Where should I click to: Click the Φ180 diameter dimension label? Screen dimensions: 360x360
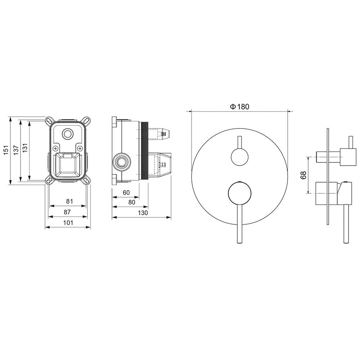coord(239,107)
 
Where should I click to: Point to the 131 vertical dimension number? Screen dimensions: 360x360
coord(25,148)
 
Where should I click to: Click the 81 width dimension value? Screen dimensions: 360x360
coord(69,201)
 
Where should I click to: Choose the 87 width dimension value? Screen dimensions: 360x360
coord(67,212)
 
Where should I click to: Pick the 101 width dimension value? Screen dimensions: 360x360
coord(68,223)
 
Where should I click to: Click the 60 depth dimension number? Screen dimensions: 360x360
coord(126,193)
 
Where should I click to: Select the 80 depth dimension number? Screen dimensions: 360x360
coord(132,202)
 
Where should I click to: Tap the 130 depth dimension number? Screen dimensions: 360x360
coord(143,213)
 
